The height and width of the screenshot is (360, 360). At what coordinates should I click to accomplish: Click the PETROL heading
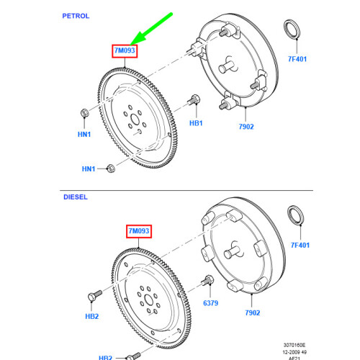click(x=76, y=15)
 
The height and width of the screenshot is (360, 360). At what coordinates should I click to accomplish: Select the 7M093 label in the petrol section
click(x=123, y=50)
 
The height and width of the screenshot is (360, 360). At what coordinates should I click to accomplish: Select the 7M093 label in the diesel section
click(x=141, y=230)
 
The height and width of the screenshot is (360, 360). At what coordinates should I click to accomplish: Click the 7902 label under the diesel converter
click(x=252, y=312)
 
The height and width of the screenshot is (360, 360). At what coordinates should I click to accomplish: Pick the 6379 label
click(x=210, y=305)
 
